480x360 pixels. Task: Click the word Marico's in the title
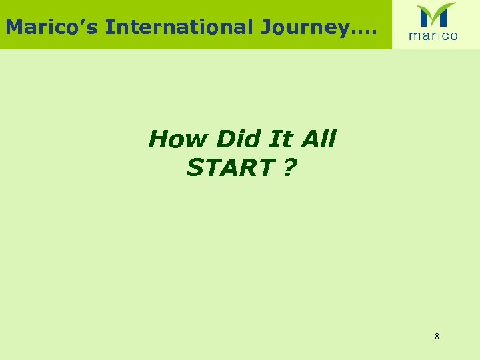point(52,27)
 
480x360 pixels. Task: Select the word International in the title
point(179,27)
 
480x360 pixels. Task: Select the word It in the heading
point(281,139)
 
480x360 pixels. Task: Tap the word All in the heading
point(319,139)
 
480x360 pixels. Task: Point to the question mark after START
point(290,168)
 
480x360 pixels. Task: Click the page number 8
point(437,337)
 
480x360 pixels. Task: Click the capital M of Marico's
point(15,27)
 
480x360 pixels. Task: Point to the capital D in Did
point(227,139)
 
